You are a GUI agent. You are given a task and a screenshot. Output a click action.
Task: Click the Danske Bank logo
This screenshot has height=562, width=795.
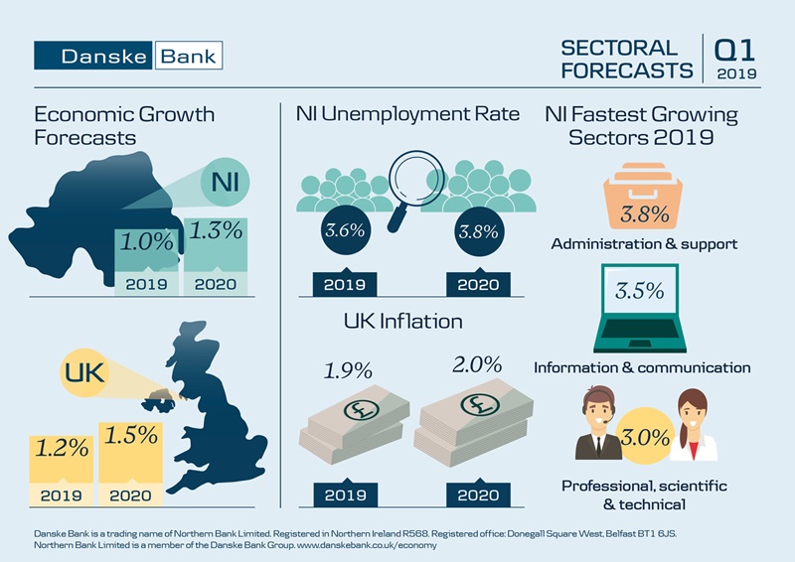tap(128, 55)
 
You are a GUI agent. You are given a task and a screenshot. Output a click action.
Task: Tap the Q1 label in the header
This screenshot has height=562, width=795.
tap(734, 49)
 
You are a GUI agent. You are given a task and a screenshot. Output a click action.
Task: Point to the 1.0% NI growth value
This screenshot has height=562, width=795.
tap(148, 241)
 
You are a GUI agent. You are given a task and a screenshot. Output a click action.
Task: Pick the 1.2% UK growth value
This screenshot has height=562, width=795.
tap(62, 448)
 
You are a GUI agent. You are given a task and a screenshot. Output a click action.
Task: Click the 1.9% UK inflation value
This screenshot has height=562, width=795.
tap(348, 371)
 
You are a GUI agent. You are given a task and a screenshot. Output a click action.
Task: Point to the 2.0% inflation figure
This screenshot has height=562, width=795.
tap(477, 364)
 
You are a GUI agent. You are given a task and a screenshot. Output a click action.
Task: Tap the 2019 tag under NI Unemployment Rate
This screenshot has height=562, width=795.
tap(344, 284)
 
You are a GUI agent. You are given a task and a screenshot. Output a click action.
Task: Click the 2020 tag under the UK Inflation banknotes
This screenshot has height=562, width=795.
tap(478, 494)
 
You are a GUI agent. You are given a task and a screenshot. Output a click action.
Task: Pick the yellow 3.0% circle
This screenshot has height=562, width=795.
tap(643, 434)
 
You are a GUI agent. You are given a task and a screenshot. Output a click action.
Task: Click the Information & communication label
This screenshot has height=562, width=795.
tap(642, 367)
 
